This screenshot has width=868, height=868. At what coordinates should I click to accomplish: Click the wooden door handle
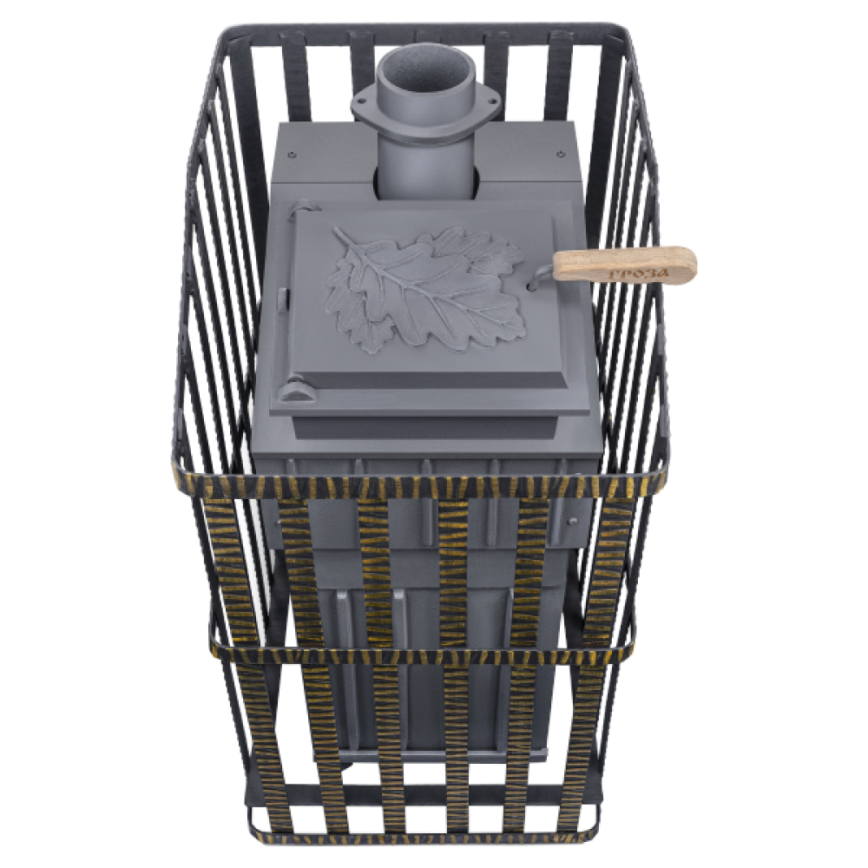point(624,264)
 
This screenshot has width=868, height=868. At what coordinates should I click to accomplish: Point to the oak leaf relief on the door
point(426,288)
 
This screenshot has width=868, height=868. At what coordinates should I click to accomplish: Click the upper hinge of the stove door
point(303,208)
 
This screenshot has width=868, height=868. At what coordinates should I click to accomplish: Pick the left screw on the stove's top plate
point(292,154)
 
